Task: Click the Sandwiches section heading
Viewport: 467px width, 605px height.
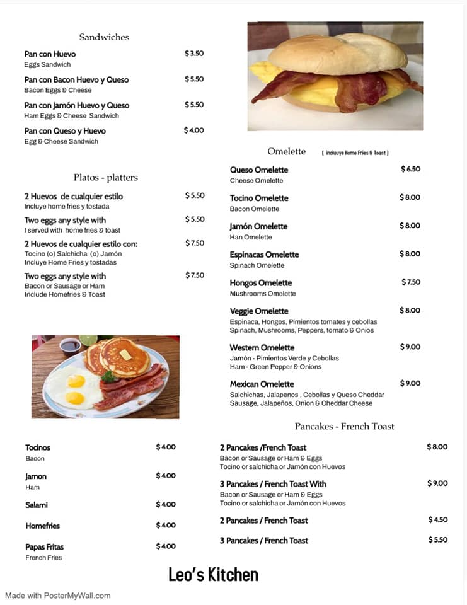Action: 104,37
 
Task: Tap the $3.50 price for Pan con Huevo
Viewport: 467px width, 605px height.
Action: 194,54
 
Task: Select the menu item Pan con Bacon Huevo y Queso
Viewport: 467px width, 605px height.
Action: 76,79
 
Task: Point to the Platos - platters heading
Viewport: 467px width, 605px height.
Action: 105,178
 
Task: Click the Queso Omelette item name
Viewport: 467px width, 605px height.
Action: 259,170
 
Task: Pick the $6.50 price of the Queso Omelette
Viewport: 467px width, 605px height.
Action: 410,169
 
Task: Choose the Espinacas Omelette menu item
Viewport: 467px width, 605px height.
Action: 264,255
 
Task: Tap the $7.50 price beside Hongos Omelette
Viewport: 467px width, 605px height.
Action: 411,282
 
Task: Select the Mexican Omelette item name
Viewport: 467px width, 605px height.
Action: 262,384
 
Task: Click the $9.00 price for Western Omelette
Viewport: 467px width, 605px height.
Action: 410,347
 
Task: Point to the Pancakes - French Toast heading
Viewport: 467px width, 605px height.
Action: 344,426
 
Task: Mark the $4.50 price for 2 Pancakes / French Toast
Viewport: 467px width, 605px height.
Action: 438,519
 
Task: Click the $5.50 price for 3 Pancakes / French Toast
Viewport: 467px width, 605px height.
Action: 438,540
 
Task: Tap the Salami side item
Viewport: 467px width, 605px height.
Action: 37,505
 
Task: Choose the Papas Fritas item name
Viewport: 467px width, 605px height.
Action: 45,546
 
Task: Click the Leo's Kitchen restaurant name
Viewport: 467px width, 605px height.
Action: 213,575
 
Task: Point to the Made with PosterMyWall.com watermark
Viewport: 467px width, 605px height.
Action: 58,596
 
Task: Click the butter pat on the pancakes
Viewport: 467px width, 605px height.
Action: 126,354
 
